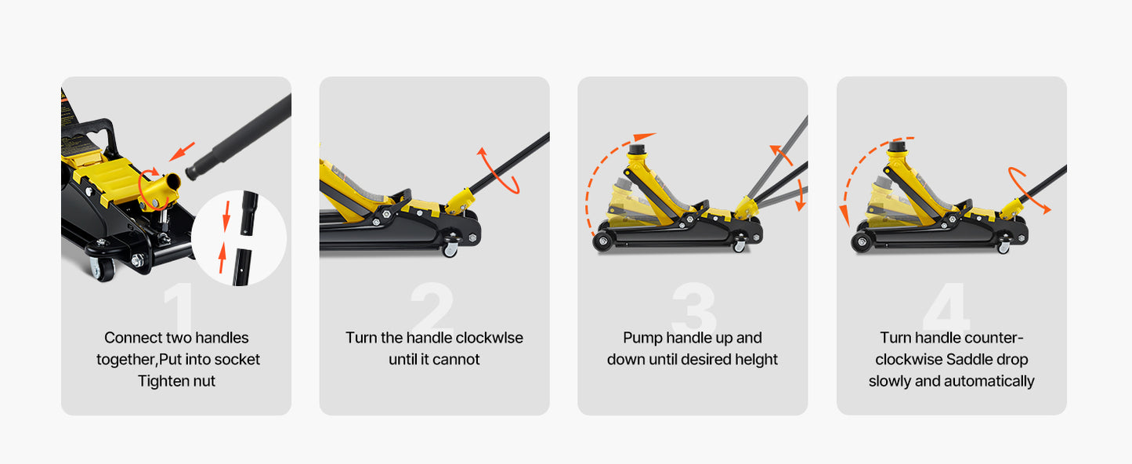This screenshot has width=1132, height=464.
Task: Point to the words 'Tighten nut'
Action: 176,381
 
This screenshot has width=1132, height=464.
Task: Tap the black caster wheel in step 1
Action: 103,267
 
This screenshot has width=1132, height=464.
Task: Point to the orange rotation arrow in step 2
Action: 498,169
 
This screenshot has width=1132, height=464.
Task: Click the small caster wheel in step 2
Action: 450,250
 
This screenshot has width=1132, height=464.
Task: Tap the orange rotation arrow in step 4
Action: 1028,189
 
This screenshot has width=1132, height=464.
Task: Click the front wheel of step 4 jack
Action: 862,241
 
